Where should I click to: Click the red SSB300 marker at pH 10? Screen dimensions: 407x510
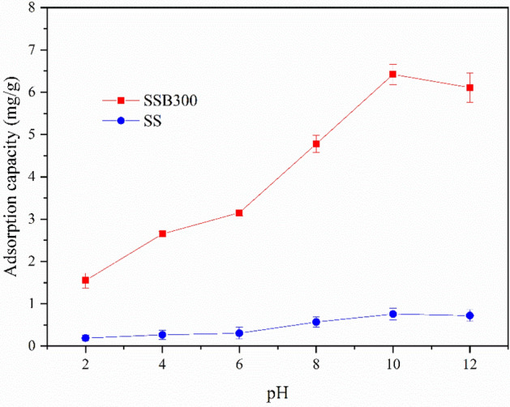(392, 75)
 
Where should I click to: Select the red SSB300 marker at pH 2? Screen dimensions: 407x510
(85, 281)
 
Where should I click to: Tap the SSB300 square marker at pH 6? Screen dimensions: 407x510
(239, 212)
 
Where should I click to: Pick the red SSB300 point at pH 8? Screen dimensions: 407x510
(316, 144)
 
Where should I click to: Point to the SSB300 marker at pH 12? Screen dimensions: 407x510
(469, 88)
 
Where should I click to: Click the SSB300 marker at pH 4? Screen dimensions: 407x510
(162, 233)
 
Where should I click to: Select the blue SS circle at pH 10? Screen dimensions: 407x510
(392, 314)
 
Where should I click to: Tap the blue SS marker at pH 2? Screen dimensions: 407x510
(85, 338)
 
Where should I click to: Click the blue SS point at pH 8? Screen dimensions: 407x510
(316, 322)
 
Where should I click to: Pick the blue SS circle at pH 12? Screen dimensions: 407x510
(469, 315)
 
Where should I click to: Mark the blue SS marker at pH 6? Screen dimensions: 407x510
(239, 333)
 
